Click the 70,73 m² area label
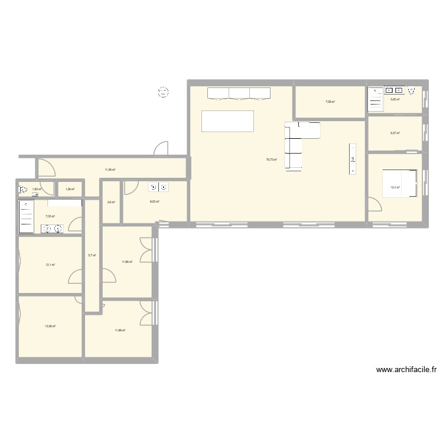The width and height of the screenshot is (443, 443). click(272, 159)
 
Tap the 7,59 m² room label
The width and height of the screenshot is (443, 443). click(330, 102)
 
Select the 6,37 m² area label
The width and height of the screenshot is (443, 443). click(395, 133)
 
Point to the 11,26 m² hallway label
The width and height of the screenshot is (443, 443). click(110, 170)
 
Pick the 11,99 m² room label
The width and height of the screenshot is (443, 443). click(120, 330)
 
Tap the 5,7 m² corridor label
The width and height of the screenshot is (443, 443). click(92, 255)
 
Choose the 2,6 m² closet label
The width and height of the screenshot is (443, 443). click(111, 202)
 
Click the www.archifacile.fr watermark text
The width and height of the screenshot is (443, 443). click(407, 370)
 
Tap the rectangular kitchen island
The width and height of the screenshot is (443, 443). click(228, 120)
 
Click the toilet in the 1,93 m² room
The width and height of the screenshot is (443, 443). click(23, 190)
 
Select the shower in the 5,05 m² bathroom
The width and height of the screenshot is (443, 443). click(375, 99)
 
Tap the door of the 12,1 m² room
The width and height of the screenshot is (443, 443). click(76, 277)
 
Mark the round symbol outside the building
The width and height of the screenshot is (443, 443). click(162, 92)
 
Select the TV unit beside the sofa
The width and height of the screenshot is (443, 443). click(353, 159)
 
